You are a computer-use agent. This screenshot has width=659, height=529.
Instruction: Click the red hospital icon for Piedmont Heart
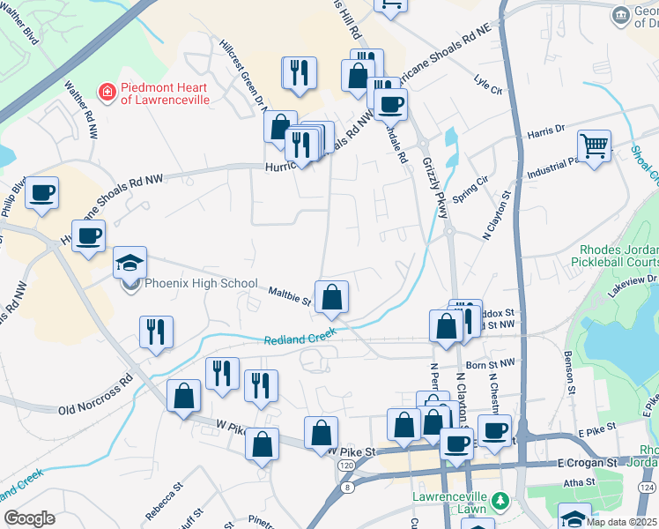pyautogui.click(x=107, y=91)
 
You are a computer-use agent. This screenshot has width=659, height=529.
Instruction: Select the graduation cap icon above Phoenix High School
pyautogui.click(x=130, y=263)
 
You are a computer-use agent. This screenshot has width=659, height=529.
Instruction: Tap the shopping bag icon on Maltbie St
pyautogui.click(x=332, y=298)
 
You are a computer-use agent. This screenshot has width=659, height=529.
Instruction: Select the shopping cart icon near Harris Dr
pyautogui.click(x=595, y=145)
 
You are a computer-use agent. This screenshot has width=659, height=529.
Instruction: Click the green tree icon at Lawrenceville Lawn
pyautogui.click(x=500, y=501)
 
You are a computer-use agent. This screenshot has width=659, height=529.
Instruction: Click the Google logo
pyautogui.click(x=29, y=518)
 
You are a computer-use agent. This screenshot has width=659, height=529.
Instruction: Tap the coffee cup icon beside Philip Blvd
pyautogui.click(x=41, y=192)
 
